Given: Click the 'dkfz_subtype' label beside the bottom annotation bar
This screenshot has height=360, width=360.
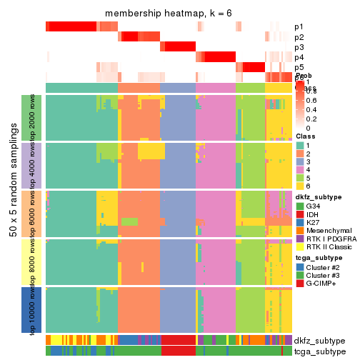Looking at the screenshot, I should click(319, 341).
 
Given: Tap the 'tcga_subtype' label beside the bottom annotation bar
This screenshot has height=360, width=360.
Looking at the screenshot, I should click(319, 351).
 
